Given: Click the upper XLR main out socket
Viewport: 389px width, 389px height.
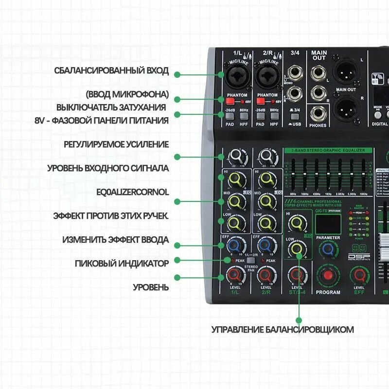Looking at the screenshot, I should point(346,70).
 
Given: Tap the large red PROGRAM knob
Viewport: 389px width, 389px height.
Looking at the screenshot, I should point(328,276).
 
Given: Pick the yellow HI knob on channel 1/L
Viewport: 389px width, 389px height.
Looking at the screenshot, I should point(235,181).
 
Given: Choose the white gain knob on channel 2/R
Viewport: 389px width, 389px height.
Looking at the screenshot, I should point(266,156).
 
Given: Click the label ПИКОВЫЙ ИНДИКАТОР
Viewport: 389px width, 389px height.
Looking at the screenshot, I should point(122,263).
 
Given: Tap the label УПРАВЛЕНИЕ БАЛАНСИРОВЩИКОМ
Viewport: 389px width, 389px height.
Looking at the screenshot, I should point(283,330).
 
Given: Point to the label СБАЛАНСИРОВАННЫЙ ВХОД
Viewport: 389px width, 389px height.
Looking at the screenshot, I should point(111,71).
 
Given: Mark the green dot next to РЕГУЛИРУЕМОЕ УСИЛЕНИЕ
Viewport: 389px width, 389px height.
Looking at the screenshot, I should point(177,157).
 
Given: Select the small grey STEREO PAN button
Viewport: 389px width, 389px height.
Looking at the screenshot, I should point(250,261).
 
